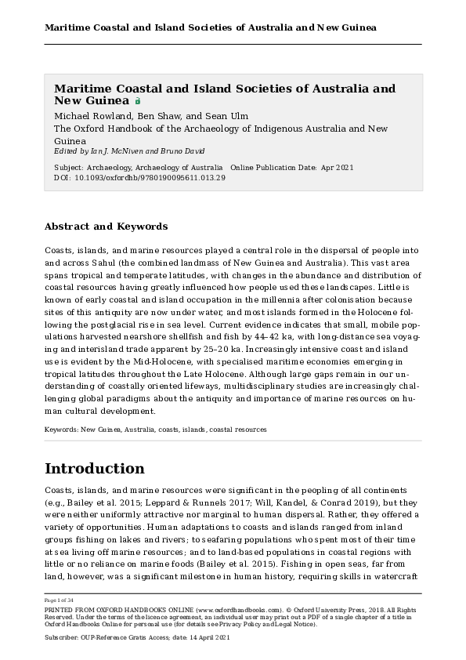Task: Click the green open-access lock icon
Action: (x=138, y=101)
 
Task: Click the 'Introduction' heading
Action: (x=94, y=469)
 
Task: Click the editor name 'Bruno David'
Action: (x=178, y=151)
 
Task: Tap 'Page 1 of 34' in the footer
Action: (x=60, y=600)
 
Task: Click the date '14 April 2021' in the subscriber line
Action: (x=183, y=639)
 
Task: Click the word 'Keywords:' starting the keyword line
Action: (x=60, y=430)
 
